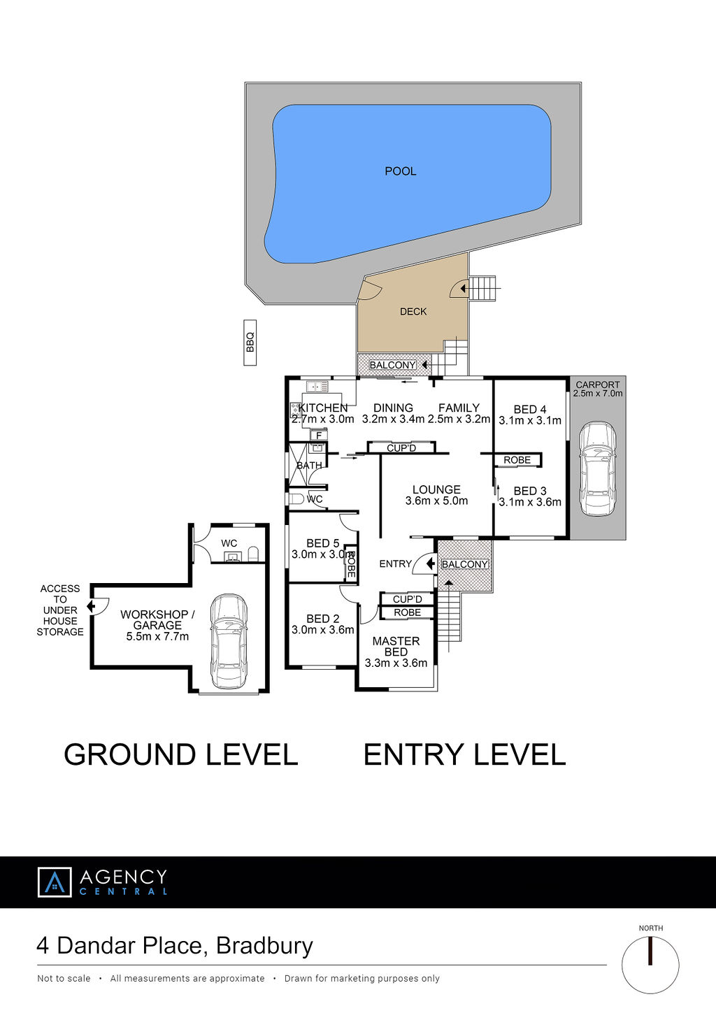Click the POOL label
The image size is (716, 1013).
click(400, 171)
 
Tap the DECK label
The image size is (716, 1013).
click(413, 312)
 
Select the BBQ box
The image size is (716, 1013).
click(250, 343)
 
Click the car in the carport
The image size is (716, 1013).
click(598, 468)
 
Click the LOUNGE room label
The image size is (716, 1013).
click(436, 489)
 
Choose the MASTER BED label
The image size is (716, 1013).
click(396, 646)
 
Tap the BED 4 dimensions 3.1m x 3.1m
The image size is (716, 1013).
click(530, 421)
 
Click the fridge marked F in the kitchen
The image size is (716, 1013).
click(318, 436)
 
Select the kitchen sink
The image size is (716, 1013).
click(317, 387)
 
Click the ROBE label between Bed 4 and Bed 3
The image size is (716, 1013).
click(517, 460)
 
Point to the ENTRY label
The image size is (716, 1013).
click(395, 563)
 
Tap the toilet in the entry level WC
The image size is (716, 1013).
click(296, 499)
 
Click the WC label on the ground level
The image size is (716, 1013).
click(229, 543)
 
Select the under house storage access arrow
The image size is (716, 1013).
click(91, 605)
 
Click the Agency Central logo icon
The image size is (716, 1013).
click(55, 882)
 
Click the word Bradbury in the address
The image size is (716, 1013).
click(264, 946)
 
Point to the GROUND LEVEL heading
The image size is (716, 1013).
click(180, 754)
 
